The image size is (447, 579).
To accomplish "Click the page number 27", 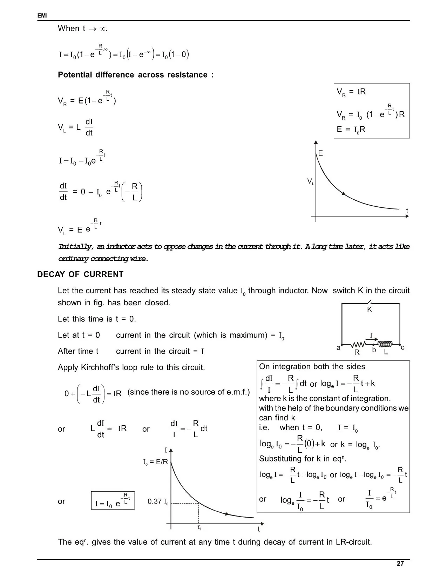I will (x=400, y=564).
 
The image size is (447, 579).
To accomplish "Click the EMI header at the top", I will (x=42, y=16).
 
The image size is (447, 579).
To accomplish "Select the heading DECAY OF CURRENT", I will (x=80, y=274).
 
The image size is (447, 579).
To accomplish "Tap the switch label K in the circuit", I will (x=369, y=310).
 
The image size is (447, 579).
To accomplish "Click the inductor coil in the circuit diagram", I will (x=385, y=344).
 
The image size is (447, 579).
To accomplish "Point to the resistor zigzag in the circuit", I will (x=359, y=345).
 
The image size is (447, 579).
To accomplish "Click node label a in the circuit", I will (x=338, y=348).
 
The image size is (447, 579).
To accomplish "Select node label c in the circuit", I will (x=402, y=348).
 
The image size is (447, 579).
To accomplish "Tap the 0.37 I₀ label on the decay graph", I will (x=158, y=501).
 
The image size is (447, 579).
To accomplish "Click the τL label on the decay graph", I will (x=199, y=528).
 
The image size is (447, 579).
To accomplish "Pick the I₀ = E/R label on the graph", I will (x=156, y=462).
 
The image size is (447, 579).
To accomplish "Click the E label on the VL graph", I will (x=320, y=153).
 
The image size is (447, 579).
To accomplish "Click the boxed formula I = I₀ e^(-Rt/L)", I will (x=113, y=501).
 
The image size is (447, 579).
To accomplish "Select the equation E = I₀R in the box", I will (x=351, y=129).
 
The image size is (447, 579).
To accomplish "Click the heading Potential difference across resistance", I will (x=136, y=75).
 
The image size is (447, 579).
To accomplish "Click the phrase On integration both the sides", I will (x=312, y=366).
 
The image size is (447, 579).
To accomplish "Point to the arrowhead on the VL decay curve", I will (x=344, y=194).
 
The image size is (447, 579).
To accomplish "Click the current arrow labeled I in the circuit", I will (x=374, y=339).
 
